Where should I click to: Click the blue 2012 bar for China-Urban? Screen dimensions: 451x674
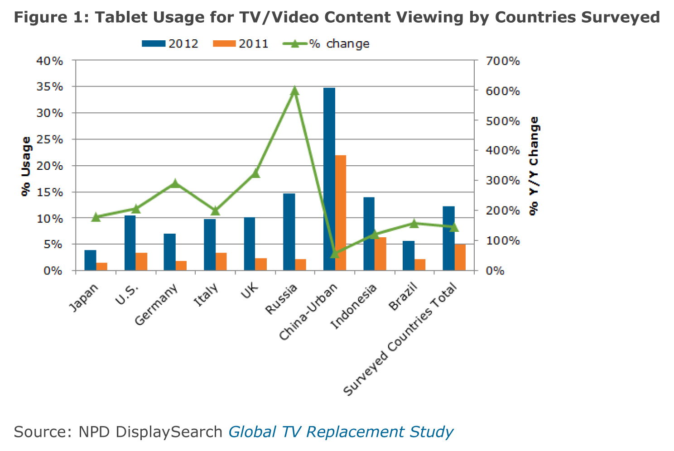click(x=329, y=179)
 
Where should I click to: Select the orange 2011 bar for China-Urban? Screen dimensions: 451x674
click(x=341, y=213)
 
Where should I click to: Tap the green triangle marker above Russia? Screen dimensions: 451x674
click(x=294, y=90)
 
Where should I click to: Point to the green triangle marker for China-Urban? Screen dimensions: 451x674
click(x=334, y=254)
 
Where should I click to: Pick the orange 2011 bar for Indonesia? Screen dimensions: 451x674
click(x=380, y=254)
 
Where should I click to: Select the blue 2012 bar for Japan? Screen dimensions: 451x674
click(x=90, y=260)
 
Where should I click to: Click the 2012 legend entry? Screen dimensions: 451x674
click(x=170, y=44)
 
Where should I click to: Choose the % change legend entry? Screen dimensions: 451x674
click(x=326, y=44)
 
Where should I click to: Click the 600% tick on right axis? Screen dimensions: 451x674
click(x=502, y=91)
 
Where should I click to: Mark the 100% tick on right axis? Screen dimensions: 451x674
click(x=502, y=240)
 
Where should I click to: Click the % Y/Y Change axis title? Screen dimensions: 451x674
click(x=534, y=166)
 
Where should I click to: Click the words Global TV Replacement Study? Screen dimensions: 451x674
click(x=341, y=432)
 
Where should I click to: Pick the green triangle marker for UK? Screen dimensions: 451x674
click(x=255, y=173)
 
